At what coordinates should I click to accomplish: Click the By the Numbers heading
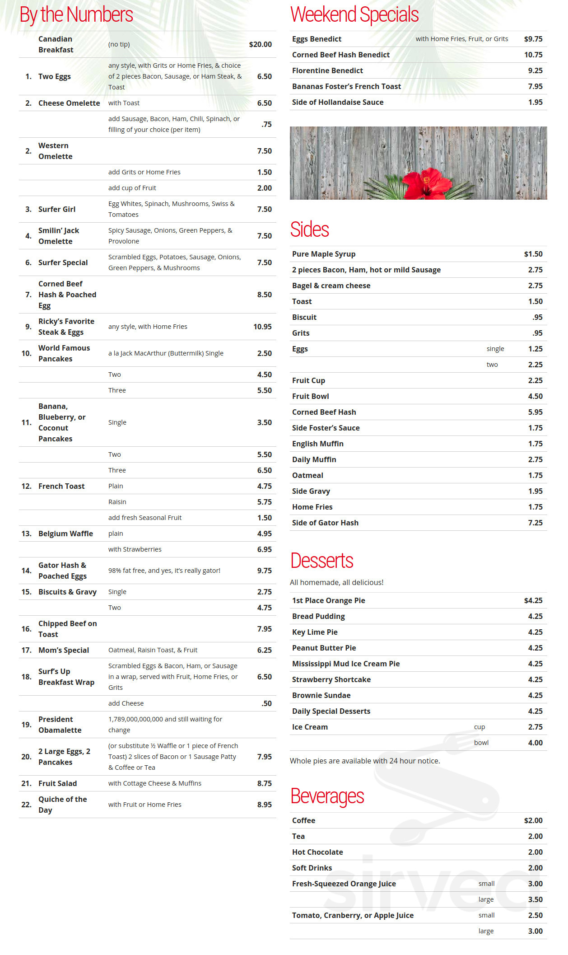tap(76, 15)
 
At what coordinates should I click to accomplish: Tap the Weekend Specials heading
tap(354, 15)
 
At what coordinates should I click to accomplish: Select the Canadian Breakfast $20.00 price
tap(260, 44)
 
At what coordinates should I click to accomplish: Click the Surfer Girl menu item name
tap(57, 209)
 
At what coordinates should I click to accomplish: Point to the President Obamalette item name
tap(60, 725)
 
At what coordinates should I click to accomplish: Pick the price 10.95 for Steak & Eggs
tap(262, 327)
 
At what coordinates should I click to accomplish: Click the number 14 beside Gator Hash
tap(26, 571)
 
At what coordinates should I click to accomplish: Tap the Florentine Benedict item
tap(327, 70)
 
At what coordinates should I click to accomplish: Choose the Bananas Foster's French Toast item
tap(346, 86)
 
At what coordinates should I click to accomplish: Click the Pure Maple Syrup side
tap(324, 254)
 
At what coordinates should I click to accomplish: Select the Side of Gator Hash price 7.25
tap(535, 523)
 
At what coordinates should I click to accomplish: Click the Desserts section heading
tap(322, 561)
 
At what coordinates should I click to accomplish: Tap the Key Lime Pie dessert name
tap(315, 632)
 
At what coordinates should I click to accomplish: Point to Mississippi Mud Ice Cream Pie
tap(346, 664)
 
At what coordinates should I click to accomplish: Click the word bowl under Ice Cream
tap(481, 743)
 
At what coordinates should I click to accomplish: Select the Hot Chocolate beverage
tap(317, 852)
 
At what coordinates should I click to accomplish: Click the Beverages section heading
tap(327, 796)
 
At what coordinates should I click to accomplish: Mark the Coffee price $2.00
tap(533, 820)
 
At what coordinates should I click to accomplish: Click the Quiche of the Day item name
tap(62, 805)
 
